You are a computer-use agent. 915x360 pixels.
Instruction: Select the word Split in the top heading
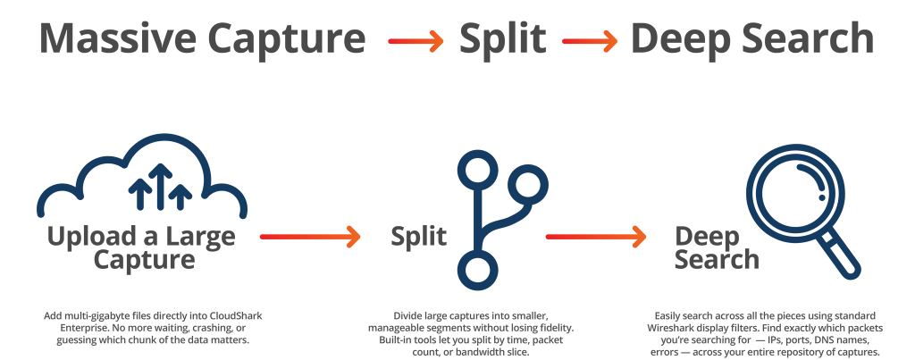503,38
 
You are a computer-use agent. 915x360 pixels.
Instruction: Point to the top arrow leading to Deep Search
591,40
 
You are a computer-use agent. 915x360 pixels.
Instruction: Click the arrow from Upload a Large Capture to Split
309,237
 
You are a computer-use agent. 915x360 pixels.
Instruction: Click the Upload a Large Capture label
141,248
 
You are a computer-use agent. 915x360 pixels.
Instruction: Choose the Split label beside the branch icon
419,237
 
